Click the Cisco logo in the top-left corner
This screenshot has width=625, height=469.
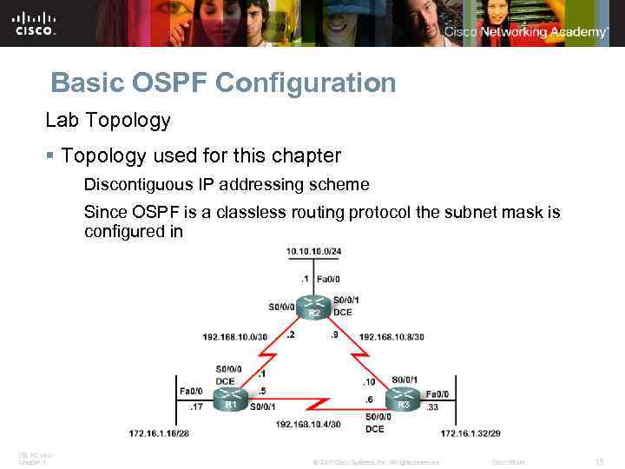[x=35, y=23]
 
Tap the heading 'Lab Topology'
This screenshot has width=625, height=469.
[x=109, y=120]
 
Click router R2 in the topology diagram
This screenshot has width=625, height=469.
[x=314, y=307]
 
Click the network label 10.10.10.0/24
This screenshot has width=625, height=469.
[x=314, y=252]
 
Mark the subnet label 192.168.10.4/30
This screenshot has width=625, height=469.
[x=309, y=423]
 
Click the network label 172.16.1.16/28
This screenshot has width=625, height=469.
[x=159, y=433]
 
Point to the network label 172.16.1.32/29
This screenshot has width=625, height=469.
[x=470, y=433]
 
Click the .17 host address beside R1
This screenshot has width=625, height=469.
[x=197, y=406]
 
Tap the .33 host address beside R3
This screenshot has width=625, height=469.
[x=431, y=406]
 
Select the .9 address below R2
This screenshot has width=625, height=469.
[x=333, y=334]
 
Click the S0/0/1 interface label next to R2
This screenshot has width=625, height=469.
[x=345, y=300]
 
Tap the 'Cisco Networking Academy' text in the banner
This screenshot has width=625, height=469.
[x=525, y=32]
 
